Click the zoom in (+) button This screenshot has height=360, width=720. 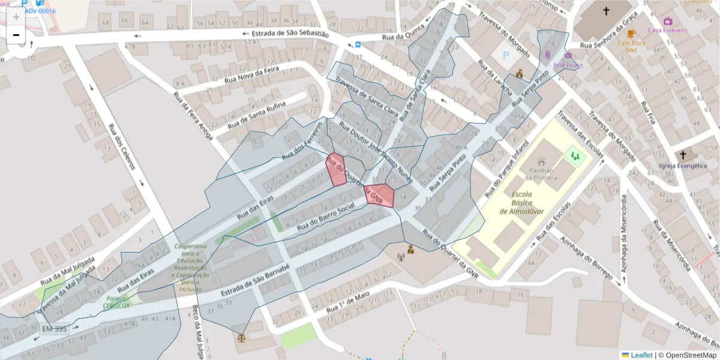(16, 17)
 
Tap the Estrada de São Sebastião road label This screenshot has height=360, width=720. (290, 34)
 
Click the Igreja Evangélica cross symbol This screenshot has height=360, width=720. (683, 155)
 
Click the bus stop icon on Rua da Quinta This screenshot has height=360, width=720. (358, 44)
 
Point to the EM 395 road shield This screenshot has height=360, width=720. (54, 329)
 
